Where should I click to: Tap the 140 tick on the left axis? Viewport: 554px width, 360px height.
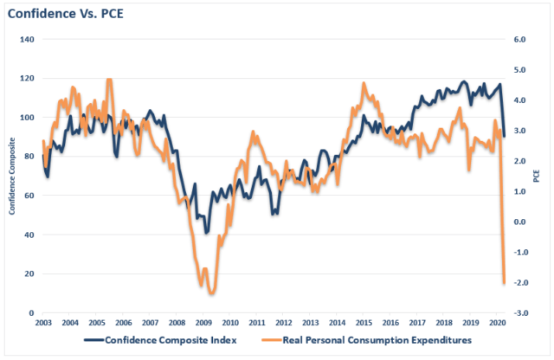27,40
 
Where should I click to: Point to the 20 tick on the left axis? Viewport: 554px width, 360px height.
29,273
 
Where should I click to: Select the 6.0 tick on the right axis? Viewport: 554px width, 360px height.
520,40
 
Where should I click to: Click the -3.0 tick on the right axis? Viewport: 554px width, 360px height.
519,312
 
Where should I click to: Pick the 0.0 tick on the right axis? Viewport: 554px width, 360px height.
520,222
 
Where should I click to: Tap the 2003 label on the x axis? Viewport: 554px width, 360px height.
42,323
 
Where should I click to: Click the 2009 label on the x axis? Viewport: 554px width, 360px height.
204,323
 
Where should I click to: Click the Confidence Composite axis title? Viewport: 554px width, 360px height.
11,177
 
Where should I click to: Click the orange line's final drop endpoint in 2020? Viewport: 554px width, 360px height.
505,283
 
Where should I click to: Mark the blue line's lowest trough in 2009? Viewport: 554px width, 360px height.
206,233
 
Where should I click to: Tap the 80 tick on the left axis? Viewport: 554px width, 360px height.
29,157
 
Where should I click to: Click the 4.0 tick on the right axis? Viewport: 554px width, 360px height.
520,100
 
